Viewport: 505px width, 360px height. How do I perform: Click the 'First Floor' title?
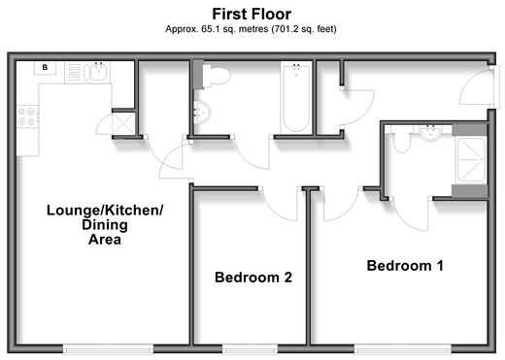(x=252, y=15)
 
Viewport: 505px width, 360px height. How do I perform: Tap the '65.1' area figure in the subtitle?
(x=211, y=29)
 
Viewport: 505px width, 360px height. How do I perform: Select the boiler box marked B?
(x=45, y=68)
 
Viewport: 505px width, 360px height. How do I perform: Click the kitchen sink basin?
(x=98, y=72)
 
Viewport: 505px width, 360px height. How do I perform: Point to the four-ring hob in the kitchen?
(x=27, y=116)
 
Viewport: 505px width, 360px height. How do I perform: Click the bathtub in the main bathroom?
(x=296, y=97)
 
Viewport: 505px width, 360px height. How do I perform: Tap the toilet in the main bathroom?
(x=217, y=76)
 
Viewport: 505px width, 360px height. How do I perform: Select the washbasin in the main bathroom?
(x=202, y=113)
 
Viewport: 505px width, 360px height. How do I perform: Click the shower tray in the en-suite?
(x=470, y=159)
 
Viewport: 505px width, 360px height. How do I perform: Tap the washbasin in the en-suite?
(x=430, y=133)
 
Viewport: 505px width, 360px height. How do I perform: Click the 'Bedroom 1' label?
(x=405, y=266)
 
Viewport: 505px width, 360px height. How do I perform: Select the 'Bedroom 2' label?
(x=253, y=278)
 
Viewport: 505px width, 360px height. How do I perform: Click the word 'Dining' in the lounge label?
(x=105, y=225)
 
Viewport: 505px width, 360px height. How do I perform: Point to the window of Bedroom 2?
(x=250, y=349)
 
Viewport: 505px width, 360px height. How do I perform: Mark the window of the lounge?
(x=108, y=349)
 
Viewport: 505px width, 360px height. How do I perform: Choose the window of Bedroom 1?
(x=403, y=349)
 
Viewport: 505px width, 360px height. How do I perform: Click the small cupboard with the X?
(x=123, y=124)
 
